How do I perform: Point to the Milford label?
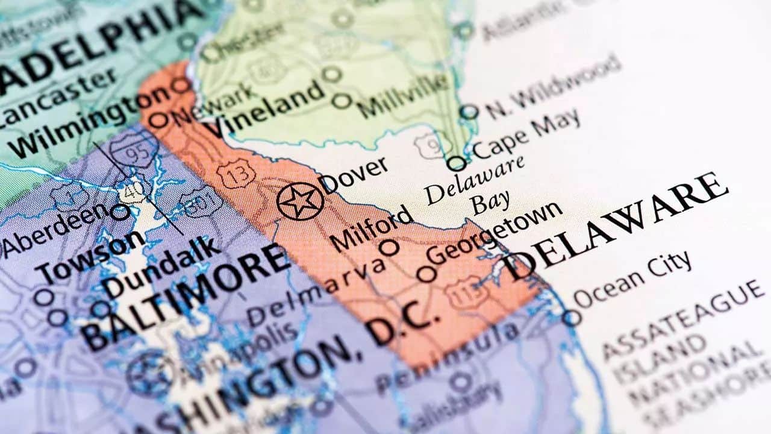[x=372, y=228]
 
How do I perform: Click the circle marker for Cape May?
[x=457, y=163]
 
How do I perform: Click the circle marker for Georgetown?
[x=426, y=274]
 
